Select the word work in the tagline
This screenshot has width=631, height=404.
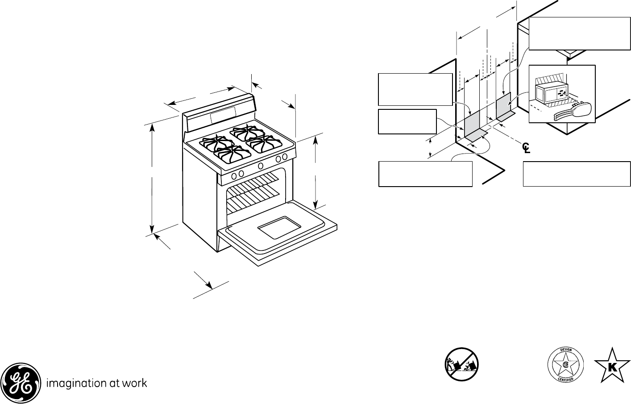click(135, 383)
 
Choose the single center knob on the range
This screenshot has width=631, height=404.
click(260, 166)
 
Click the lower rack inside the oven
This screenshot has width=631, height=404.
click(254, 203)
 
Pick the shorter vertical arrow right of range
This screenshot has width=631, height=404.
click(315, 172)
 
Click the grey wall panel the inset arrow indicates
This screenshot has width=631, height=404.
click(503, 104)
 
